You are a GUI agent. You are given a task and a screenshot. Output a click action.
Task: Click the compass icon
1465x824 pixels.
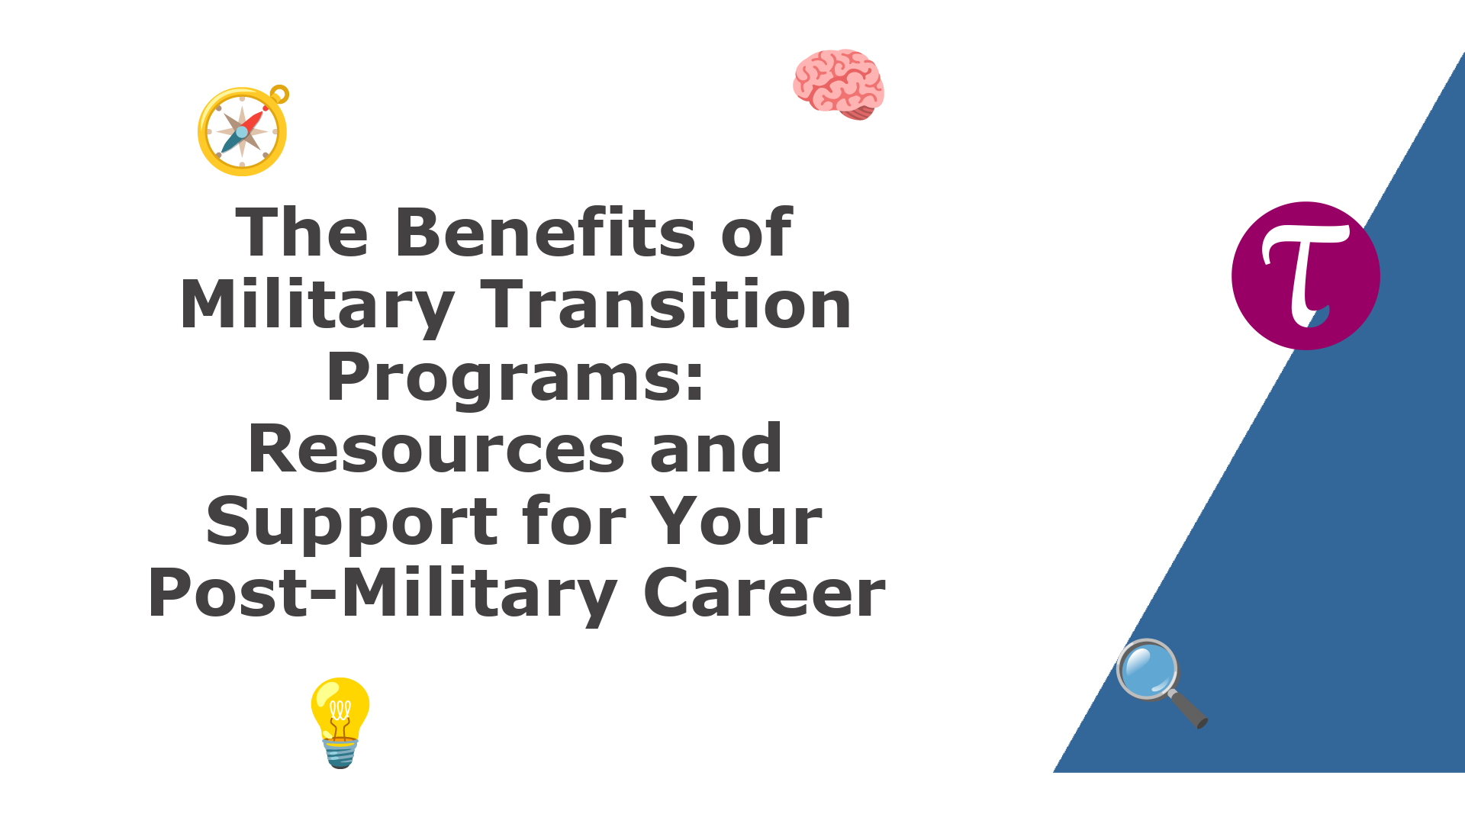243,131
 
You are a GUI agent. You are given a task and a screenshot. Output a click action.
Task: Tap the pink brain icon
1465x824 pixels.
839,84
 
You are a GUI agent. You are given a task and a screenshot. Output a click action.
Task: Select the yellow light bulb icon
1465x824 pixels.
340,722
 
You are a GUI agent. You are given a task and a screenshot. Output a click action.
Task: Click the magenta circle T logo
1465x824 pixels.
1306,275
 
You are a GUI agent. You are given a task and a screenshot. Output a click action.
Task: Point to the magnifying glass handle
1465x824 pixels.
1187,709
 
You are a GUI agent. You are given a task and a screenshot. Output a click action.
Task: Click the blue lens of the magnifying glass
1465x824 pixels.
1148,669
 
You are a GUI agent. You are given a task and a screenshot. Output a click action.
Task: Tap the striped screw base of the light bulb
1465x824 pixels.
340,752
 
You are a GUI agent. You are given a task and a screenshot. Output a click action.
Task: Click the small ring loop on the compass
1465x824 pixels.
280,94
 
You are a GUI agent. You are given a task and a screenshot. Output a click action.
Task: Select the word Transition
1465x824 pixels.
666,304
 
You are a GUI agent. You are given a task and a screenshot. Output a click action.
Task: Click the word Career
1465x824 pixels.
765,594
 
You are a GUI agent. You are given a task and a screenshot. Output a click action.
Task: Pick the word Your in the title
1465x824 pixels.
736,522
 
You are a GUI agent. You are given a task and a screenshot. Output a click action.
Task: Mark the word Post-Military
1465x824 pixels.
382,594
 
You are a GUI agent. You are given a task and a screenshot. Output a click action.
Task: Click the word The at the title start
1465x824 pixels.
302,232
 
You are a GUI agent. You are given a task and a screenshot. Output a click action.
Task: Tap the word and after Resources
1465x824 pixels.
716,449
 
